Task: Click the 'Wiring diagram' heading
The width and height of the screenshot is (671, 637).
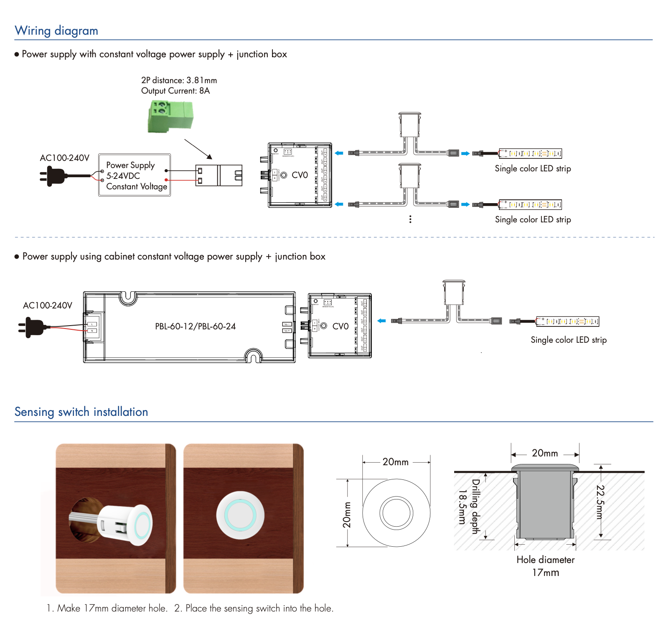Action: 56,31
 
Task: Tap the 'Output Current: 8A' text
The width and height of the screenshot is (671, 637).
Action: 175,91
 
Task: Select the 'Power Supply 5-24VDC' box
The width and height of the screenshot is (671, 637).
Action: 135,175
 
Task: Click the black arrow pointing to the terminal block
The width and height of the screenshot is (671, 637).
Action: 198,149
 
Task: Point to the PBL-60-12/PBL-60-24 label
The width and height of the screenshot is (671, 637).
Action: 195,326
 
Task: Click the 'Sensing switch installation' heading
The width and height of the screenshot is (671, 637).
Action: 81,412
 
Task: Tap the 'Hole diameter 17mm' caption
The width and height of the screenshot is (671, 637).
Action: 545,566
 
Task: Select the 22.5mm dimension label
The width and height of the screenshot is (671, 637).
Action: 600,502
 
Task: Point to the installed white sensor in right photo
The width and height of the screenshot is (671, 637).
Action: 240,515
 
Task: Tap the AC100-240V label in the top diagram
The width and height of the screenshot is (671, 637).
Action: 64,158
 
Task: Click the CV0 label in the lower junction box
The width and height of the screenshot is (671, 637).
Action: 340,326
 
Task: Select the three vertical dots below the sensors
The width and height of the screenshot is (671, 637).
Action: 410,219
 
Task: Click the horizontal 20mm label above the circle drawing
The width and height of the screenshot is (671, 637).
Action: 395,462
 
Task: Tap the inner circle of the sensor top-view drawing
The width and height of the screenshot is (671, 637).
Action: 396,513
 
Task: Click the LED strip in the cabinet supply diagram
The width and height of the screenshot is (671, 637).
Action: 567,321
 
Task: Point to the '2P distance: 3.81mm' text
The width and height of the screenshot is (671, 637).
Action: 179,80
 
